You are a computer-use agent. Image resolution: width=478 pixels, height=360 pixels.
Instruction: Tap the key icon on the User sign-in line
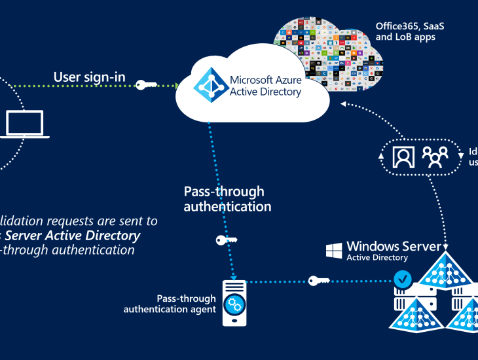click(x=146, y=84)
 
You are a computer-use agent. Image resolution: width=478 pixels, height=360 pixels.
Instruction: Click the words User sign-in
click(x=89, y=77)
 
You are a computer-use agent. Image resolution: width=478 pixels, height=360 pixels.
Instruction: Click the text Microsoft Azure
click(x=266, y=80)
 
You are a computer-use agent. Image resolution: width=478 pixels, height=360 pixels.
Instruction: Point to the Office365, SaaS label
click(x=405, y=26)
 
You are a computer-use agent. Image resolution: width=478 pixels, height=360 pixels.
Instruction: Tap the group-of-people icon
click(x=434, y=157)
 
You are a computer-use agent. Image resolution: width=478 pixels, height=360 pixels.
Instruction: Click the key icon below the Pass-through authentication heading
click(x=226, y=240)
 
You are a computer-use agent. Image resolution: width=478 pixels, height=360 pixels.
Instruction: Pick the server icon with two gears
click(x=234, y=303)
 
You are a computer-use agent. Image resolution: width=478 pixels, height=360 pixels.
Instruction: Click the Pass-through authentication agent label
click(x=170, y=304)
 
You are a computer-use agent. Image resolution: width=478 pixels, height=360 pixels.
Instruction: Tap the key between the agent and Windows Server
click(x=319, y=281)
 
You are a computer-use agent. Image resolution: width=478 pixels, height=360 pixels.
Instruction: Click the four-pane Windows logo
click(x=335, y=250)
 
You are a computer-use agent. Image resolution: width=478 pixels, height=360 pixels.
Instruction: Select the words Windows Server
click(x=394, y=246)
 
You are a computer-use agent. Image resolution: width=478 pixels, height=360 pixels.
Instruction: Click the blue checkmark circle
click(x=403, y=281)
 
